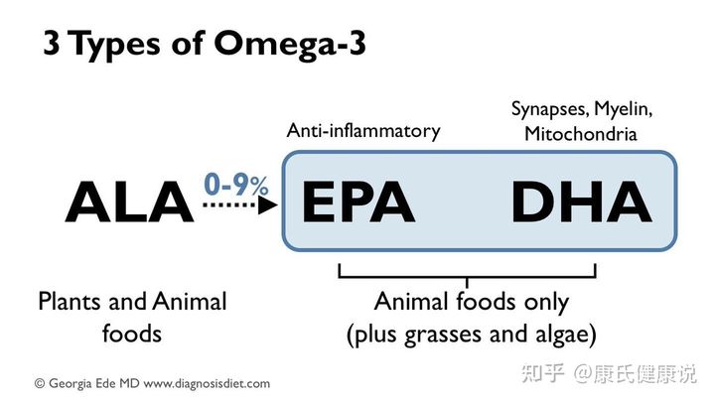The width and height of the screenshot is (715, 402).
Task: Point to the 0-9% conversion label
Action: click(235, 185)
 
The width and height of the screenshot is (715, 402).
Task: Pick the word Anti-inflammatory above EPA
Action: click(362, 130)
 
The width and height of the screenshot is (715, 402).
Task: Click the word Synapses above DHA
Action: click(548, 107)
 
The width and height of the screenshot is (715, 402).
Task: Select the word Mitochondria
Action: click(581, 133)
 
